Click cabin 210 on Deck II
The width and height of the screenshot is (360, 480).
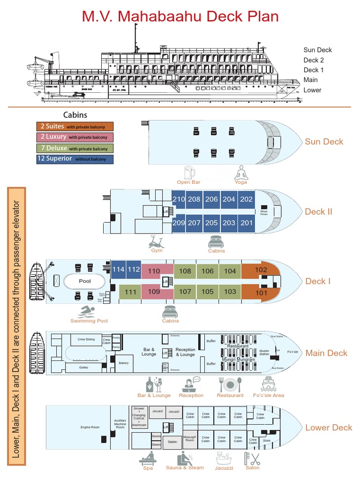(179, 199)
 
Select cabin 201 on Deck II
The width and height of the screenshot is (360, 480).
(246, 223)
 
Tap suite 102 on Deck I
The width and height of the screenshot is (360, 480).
(261, 270)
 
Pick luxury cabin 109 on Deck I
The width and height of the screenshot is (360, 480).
(154, 292)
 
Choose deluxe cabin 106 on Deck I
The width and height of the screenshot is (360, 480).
(208, 271)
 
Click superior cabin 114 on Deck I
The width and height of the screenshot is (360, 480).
(119, 269)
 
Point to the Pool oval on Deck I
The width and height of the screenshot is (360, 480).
(85, 281)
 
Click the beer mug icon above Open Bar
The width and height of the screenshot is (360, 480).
(190, 172)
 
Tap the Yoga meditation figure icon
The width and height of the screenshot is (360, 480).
(241, 172)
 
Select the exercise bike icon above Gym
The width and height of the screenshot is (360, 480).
(157, 241)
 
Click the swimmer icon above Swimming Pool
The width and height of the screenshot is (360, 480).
(88, 311)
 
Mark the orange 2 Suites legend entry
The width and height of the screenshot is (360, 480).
(75, 127)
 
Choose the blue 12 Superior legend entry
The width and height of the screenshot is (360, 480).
(75, 159)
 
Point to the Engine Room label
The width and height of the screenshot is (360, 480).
(90, 427)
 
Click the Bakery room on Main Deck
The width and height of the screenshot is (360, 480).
(123, 363)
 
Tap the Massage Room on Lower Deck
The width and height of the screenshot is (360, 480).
(189, 439)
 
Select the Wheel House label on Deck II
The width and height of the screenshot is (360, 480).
(264, 211)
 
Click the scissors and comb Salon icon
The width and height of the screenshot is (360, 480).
(252, 459)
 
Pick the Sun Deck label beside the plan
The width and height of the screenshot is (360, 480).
(324, 142)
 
